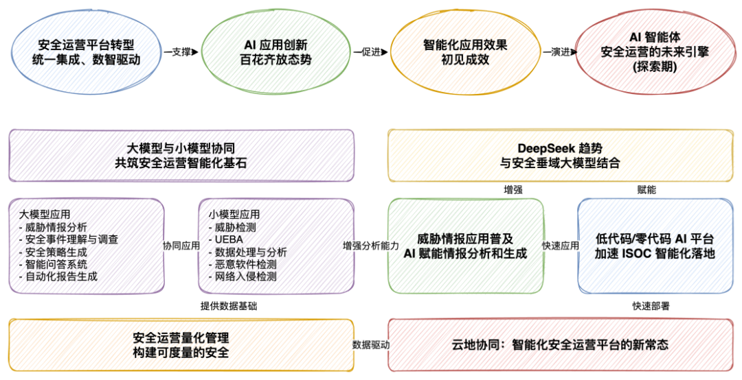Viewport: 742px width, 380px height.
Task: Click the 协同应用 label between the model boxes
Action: (181, 245)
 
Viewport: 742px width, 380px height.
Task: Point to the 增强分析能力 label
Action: (371, 245)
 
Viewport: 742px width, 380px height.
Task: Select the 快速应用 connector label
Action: (561, 245)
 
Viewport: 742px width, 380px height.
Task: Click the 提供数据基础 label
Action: (229, 306)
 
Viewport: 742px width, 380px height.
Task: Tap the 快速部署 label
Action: (649, 306)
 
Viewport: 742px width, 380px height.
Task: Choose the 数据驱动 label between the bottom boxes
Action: (371, 344)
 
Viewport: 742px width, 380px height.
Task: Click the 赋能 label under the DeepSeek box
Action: (647, 188)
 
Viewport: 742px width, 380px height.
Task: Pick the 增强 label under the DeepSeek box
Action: (513, 188)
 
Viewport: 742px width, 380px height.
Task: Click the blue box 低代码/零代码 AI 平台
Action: (655, 246)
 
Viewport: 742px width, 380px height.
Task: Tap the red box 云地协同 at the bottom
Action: (561, 344)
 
